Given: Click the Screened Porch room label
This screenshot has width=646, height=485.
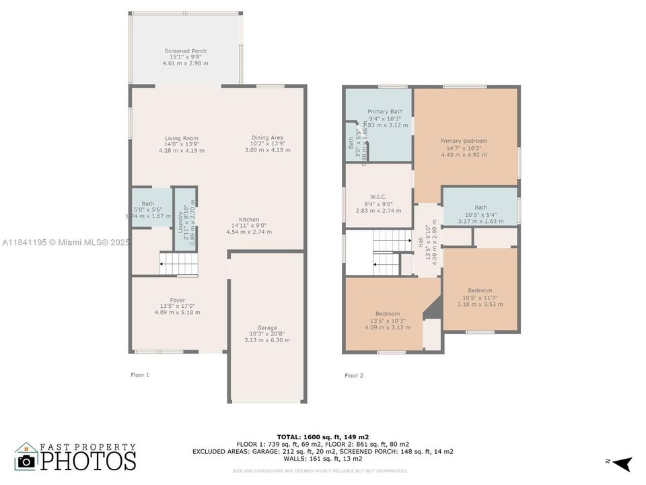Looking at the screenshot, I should pyautogui.click(x=185, y=51).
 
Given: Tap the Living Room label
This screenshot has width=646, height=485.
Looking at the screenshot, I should pyautogui.click(x=182, y=138).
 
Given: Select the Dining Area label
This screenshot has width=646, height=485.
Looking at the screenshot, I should pyautogui.click(x=267, y=137).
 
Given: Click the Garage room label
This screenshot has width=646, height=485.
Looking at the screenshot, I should pyautogui.click(x=266, y=328).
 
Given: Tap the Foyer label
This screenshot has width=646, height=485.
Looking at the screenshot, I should pyautogui.click(x=177, y=300).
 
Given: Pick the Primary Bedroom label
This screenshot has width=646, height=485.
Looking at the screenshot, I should pyautogui.click(x=464, y=141).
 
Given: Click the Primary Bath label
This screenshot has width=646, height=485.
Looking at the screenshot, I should pyautogui.click(x=385, y=111).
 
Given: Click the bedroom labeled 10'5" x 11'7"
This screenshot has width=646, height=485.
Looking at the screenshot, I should pyautogui.click(x=480, y=291).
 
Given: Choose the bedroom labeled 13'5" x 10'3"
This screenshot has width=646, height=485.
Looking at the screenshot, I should pyautogui.click(x=388, y=314).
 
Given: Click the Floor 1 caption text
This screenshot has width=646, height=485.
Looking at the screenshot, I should pyautogui.click(x=139, y=375).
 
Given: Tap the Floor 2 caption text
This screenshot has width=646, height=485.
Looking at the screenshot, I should pyautogui.click(x=353, y=375).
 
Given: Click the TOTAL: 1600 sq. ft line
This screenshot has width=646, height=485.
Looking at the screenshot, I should pyautogui.click(x=322, y=437).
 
